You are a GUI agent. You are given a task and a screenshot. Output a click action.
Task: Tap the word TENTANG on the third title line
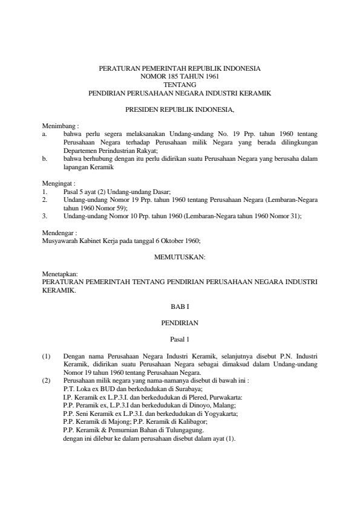click(x=180, y=85)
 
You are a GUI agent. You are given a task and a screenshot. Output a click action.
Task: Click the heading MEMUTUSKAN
click(x=180, y=257)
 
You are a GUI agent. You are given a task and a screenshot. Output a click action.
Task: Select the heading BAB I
click(x=180, y=307)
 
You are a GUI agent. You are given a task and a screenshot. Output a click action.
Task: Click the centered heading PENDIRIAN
click(x=180, y=323)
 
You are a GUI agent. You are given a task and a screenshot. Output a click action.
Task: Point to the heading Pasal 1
click(x=180, y=339)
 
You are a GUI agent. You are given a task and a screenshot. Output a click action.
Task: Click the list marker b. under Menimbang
click(x=45, y=158)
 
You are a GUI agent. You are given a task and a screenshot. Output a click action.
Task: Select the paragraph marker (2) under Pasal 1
click(x=47, y=381)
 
